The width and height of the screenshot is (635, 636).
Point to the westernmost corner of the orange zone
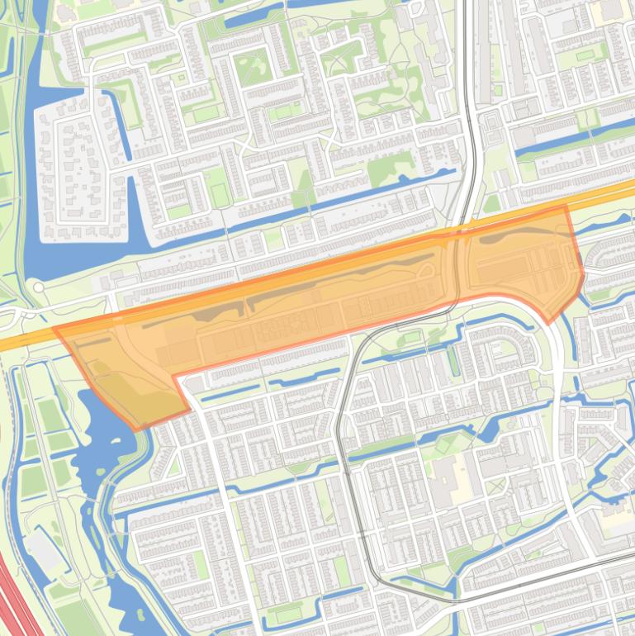(54, 329)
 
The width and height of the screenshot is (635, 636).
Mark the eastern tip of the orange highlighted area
(584, 275)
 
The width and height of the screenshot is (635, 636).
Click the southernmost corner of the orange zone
(136, 430)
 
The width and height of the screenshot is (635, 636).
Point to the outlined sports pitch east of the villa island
(220, 195)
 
